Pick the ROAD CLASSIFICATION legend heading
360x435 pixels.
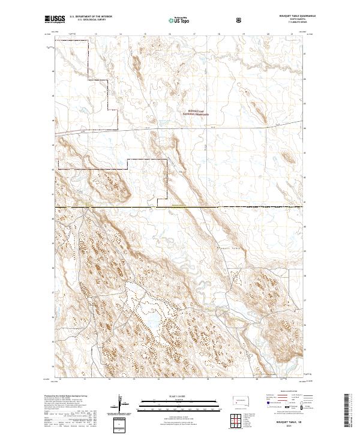[288, 391]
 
